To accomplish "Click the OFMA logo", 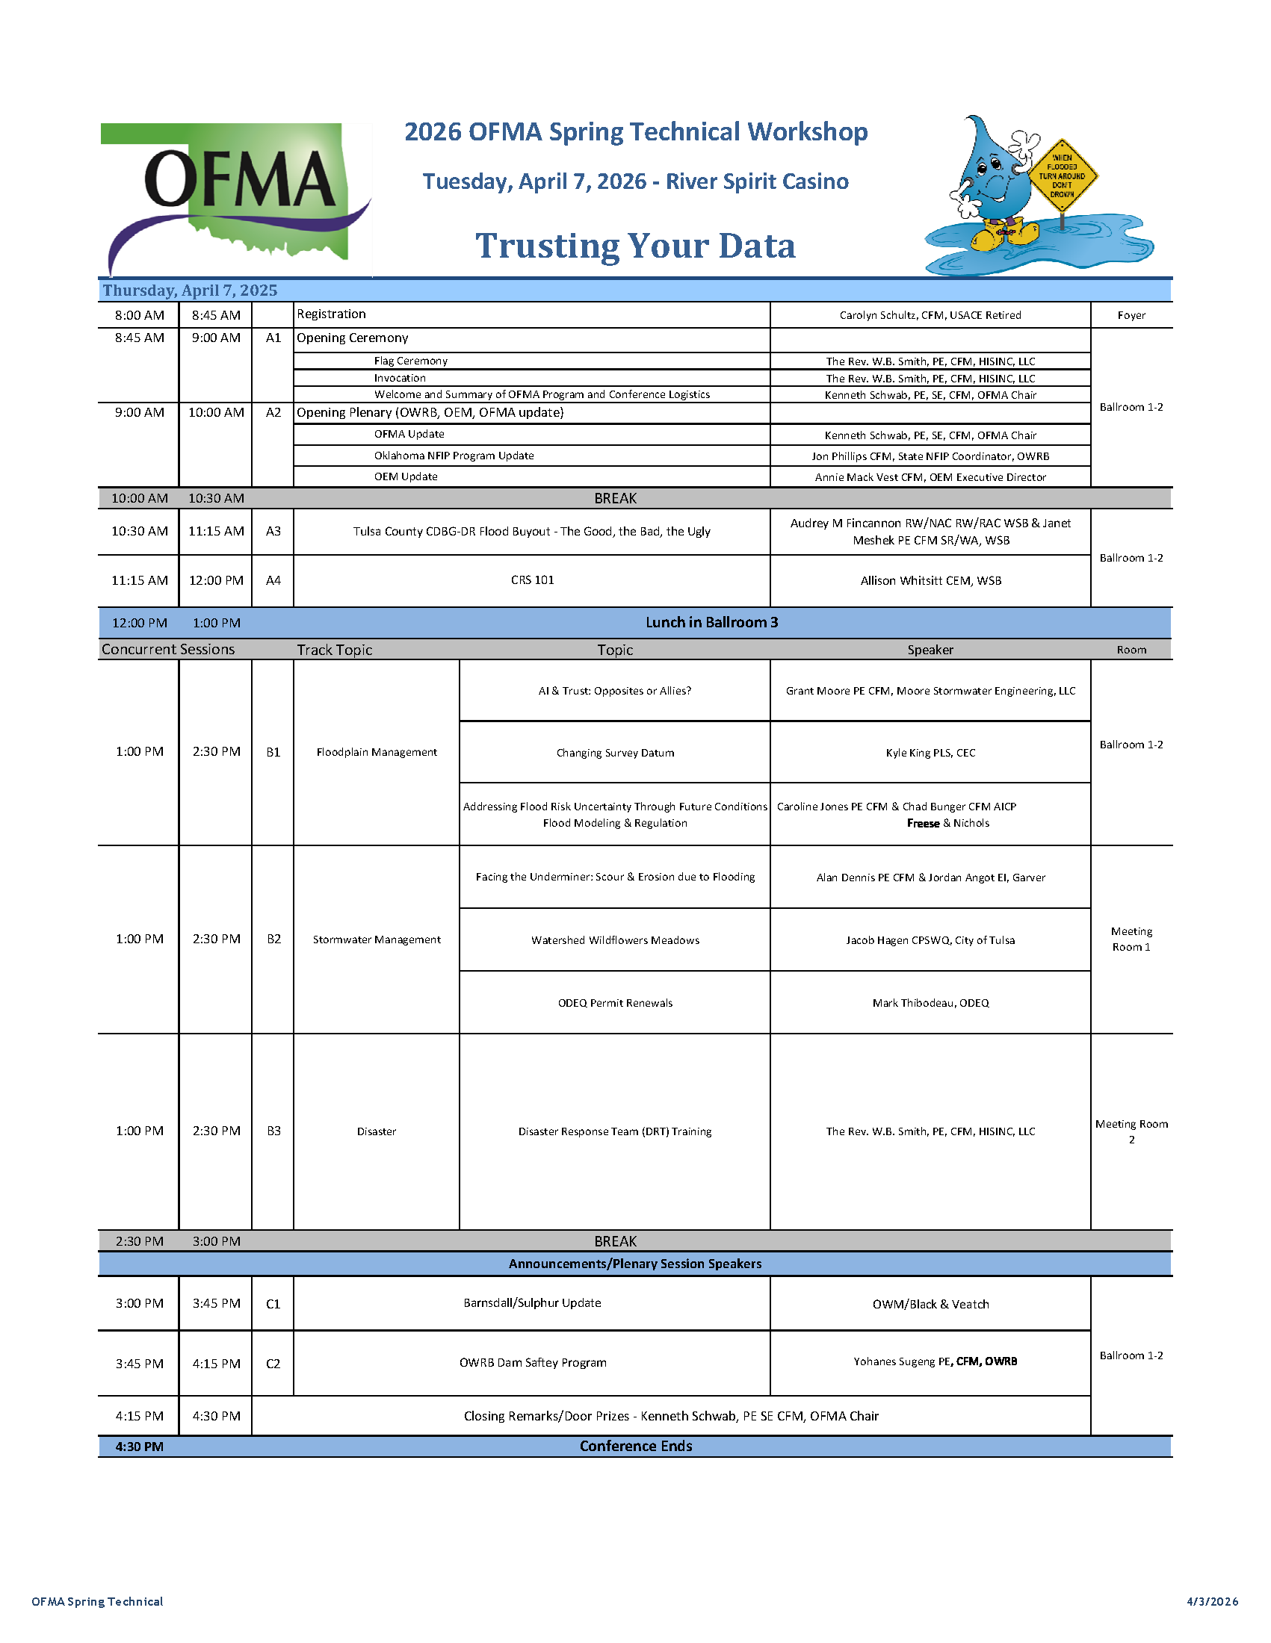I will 236,197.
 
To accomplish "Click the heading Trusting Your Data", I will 635,246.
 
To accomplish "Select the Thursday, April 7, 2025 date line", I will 191,291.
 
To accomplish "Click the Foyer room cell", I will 1131,315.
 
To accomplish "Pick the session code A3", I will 273,531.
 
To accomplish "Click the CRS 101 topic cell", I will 532,580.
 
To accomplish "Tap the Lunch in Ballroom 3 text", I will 711,622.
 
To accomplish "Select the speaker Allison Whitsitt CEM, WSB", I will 930,581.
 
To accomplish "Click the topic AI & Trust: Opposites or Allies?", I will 614,691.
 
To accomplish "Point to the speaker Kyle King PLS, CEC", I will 930,753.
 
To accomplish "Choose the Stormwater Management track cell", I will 377,939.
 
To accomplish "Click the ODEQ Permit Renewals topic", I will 615,1003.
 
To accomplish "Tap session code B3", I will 273,1131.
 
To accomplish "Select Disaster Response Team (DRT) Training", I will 614,1131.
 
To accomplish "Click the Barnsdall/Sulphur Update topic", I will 532,1303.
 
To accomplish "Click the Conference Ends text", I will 635,1446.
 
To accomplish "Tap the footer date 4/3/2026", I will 1211,1602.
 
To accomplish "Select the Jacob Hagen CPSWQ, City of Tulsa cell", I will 930,940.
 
